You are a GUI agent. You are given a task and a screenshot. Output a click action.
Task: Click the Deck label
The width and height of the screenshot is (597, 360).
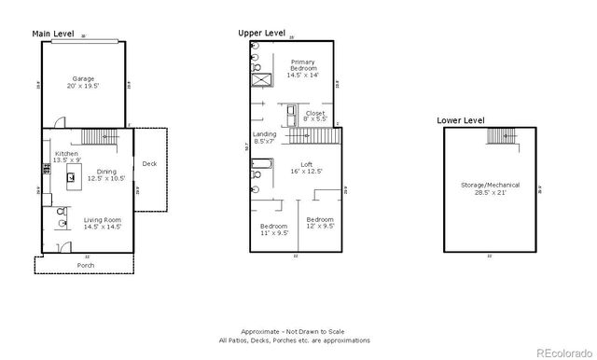point(149,164)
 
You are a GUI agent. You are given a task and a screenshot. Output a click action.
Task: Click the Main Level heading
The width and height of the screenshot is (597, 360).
point(54,34)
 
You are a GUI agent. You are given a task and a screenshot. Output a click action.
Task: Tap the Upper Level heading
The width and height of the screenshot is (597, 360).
point(262,33)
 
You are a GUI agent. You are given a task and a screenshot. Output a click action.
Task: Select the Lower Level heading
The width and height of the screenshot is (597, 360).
point(461,120)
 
